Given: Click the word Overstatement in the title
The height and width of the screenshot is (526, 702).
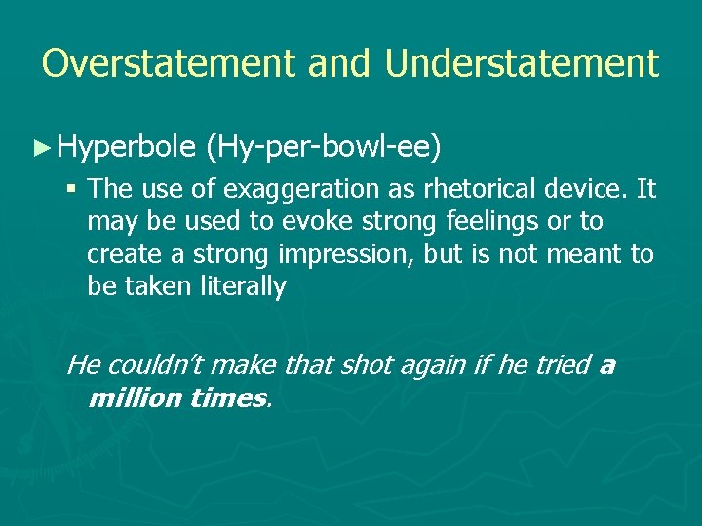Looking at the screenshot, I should tap(168, 64).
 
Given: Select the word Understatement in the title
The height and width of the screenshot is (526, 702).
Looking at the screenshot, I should tap(522, 64).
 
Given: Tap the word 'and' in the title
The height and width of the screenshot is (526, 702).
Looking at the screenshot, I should tap(339, 64).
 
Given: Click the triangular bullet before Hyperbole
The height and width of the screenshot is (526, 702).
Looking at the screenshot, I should tap(40, 148).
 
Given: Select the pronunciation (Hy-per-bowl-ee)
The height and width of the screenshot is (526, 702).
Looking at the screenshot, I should tap(325, 148).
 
